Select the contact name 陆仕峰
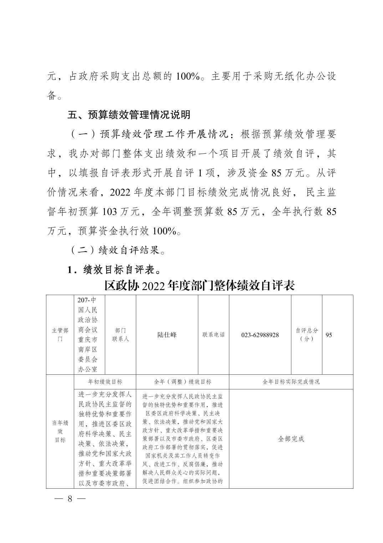coord(167,335)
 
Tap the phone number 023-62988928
coord(260,335)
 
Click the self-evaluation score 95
coord(329,335)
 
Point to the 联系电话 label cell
coord(213,335)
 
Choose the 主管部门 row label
coord(60,335)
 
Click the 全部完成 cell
coord(291,439)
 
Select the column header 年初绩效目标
coord(105,382)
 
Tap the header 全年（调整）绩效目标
coord(182,382)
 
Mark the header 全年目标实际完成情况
coord(291,382)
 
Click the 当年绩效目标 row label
coord(60,431)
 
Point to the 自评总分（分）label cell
coord(306,335)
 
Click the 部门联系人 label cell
coord(120,335)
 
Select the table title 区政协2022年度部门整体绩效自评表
coord(199,286)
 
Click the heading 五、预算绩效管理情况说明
coord(129,115)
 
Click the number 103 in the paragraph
coord(109,211)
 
